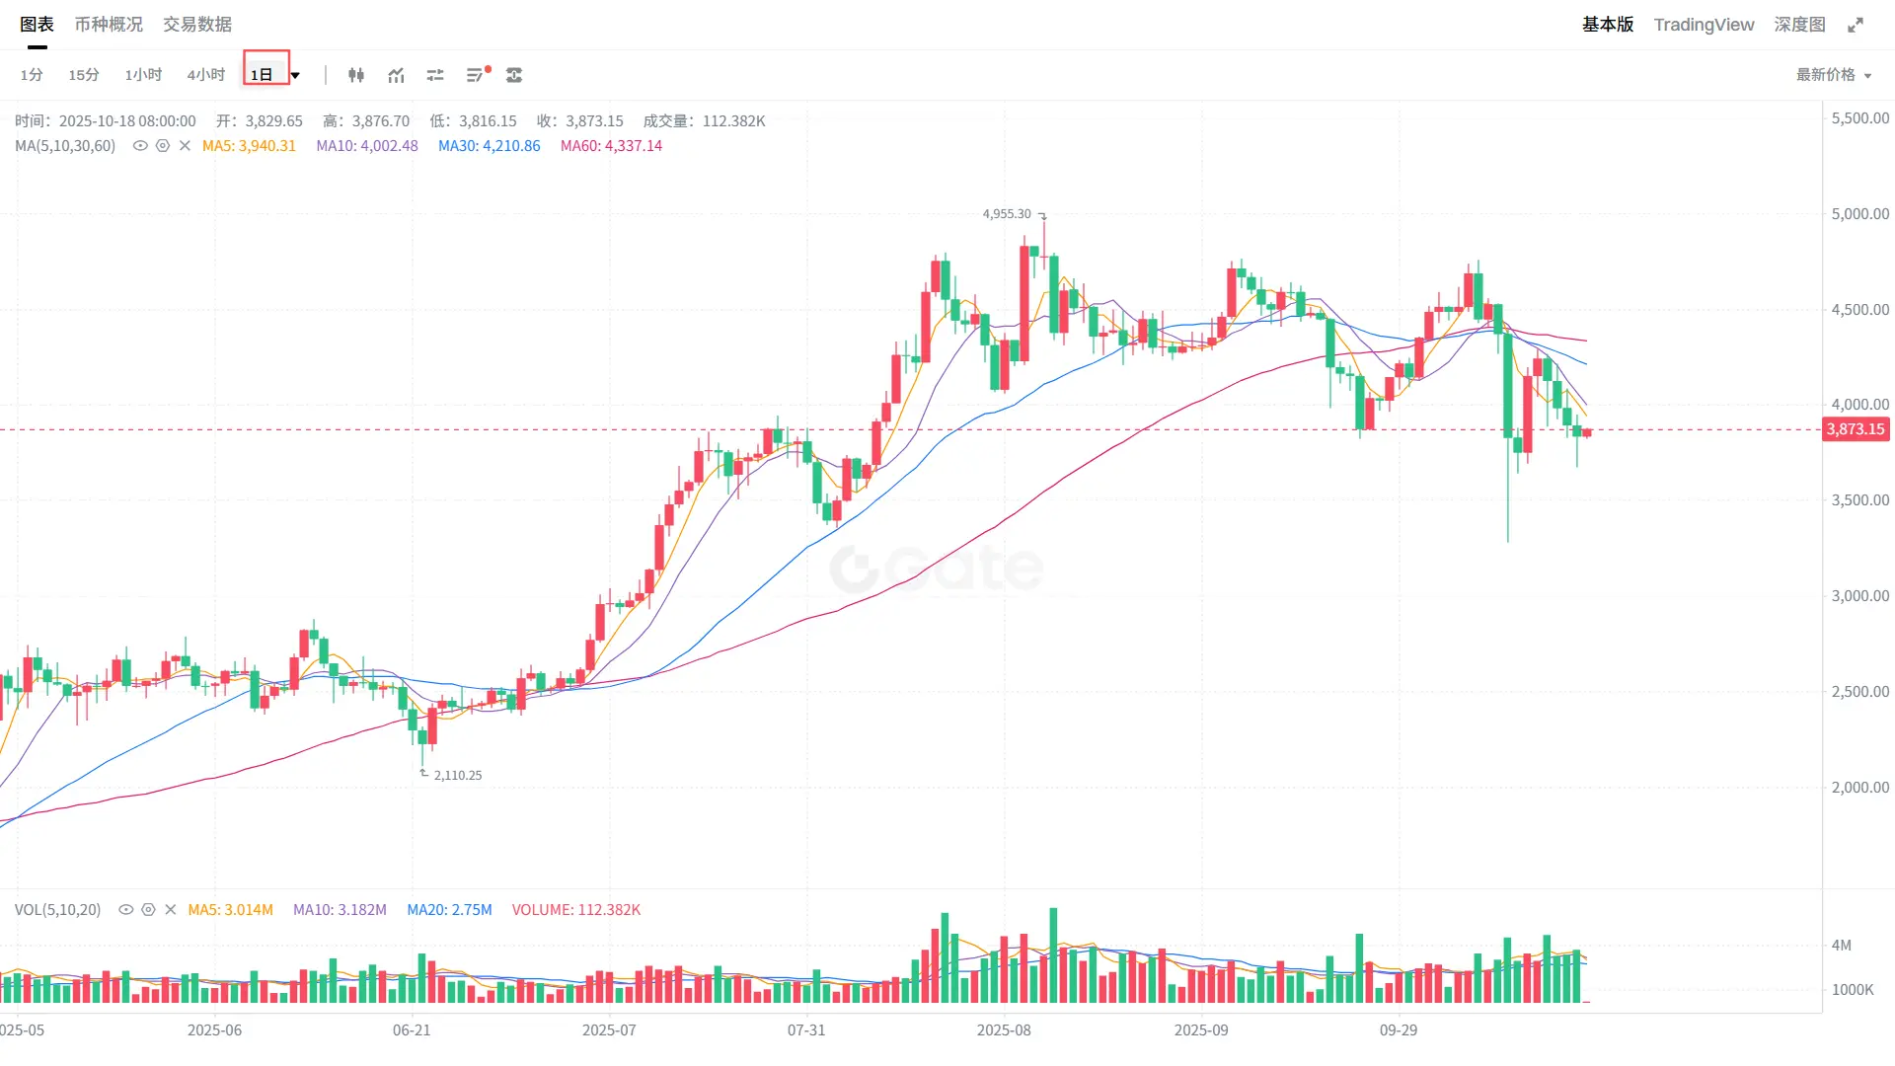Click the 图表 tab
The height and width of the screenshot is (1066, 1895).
coord(37,25)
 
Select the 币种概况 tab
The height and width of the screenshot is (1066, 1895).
coord(109,25)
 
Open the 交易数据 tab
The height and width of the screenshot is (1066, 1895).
coord(197,25)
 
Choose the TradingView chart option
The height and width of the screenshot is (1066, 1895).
coord(1704,25)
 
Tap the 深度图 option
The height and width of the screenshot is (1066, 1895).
coord(1799,25)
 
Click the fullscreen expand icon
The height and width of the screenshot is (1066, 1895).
coord(1856,25)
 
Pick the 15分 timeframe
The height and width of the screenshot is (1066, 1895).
coord(84,75)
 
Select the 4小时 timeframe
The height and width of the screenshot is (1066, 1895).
coord(205,75)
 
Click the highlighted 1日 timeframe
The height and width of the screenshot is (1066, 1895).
coord(262,75)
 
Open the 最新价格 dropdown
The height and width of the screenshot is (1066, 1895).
coord(1833,75)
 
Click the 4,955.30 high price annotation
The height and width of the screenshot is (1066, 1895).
coord(1007,214)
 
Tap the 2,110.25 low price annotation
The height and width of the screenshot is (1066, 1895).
coord(458,776)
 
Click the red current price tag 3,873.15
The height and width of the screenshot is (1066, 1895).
coord(1856,429)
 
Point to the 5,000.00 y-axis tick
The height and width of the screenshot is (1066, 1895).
coord(1859,214)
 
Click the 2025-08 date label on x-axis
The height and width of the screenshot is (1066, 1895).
coord(1004,1030)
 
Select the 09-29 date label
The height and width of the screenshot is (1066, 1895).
coord(1399,1030)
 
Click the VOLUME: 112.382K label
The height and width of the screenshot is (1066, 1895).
coord(576,910)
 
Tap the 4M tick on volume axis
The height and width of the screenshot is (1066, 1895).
coord(1842,946)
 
